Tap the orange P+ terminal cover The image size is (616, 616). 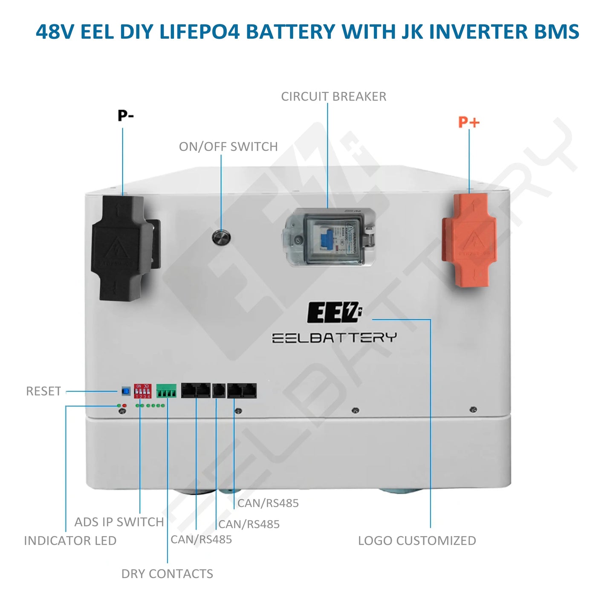click(x=469, y=240)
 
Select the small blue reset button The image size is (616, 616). click(x=126, y=390)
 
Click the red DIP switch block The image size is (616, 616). click(x=142, y=391)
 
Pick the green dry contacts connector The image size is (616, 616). click(x=166, y=391)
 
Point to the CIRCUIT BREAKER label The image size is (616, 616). click(x=333, y=97)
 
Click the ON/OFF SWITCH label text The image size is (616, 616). click(x=228, y=147)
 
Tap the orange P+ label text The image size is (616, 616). click(x=469, y=122)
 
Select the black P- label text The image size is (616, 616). click(x=126, y=116)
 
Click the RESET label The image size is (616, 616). click(x=43, y=391)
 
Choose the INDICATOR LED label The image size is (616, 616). click(x=70, y=541)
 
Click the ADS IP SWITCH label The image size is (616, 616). click(x=119, y=522)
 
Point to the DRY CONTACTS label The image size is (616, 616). click(x=167, y=574)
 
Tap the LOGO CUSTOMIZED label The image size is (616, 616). click(x=417, y=541)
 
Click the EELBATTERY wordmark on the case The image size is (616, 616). click(x=334, y=338)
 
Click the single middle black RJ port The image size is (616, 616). click(x=219, y=390)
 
